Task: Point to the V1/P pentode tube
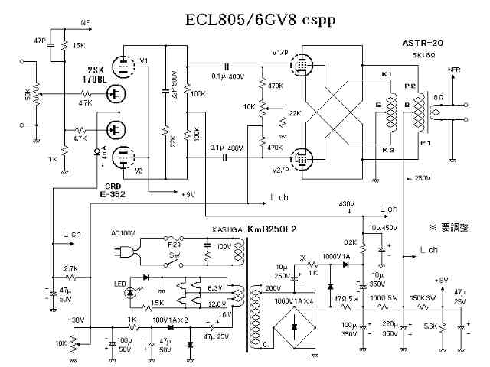[305, 66]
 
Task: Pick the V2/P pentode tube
[305, 158]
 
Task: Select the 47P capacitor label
[41, 39]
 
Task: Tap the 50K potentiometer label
[28, 96]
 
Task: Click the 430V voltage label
[348, 203]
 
